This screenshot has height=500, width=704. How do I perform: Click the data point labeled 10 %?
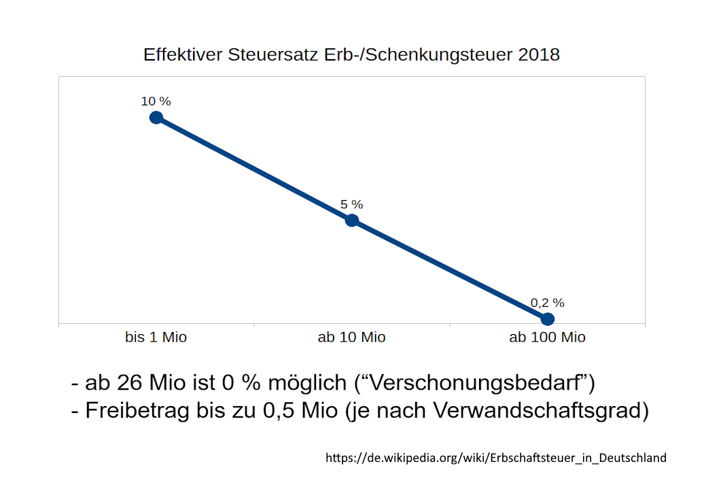point(156,118)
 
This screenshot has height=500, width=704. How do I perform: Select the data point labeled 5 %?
point(351,220)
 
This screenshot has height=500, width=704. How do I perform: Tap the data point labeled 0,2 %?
point(548,318)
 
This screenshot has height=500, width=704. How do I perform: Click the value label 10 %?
point(156,101)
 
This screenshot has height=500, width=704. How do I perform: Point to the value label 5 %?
point(351,204)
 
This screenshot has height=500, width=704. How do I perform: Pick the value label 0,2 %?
point(547,303)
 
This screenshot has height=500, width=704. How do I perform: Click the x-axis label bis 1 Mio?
point(156,337)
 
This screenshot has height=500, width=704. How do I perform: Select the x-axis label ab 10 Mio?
point(351,337)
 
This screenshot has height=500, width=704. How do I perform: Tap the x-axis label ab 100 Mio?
point(547,337)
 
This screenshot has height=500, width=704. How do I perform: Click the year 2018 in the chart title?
point(539,55)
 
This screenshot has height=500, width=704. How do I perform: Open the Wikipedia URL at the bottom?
point(496,458)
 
